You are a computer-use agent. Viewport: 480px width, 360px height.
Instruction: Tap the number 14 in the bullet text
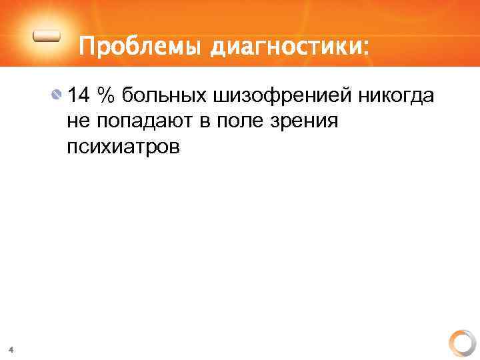79,96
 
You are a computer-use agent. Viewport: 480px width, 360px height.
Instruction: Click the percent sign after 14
105,96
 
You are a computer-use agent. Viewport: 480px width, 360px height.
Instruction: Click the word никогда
397,97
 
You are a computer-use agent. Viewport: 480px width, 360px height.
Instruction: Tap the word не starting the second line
77,122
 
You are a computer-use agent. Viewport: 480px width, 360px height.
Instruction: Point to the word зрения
309,122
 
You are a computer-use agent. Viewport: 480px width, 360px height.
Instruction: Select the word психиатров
123,147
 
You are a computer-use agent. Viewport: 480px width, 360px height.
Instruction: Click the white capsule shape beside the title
49,38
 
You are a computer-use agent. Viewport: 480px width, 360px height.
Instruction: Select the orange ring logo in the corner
461,343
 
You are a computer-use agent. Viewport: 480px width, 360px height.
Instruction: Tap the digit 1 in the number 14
73,96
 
